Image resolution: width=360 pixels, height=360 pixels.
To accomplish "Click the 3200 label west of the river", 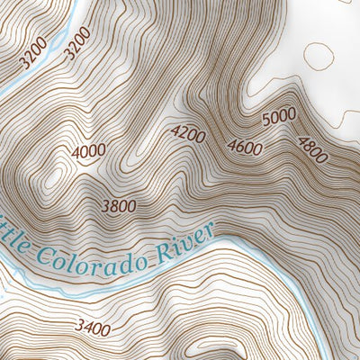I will tap(33, 58).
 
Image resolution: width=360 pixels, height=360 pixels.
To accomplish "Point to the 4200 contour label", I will tap(188, 135).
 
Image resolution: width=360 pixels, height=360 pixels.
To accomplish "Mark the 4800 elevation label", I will tap(310, 148).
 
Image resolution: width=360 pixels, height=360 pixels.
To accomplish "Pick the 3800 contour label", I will tap(118, 206).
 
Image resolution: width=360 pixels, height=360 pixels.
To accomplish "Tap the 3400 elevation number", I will tap(92, 328).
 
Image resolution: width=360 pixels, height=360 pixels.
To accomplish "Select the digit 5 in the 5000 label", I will tap(265, 122).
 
